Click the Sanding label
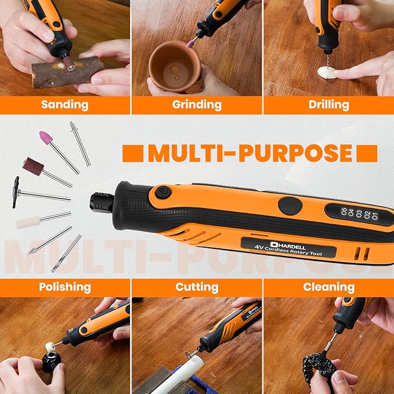(64, 104)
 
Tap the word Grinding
(197, 104)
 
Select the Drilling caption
(329, 104)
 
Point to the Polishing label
(64, 287)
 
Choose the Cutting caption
(197, 287)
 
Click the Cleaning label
(329, 287)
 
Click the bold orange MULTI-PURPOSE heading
(250, 153)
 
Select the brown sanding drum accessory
(33, 165)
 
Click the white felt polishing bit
(28, 222)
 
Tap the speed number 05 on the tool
(335, 211)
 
